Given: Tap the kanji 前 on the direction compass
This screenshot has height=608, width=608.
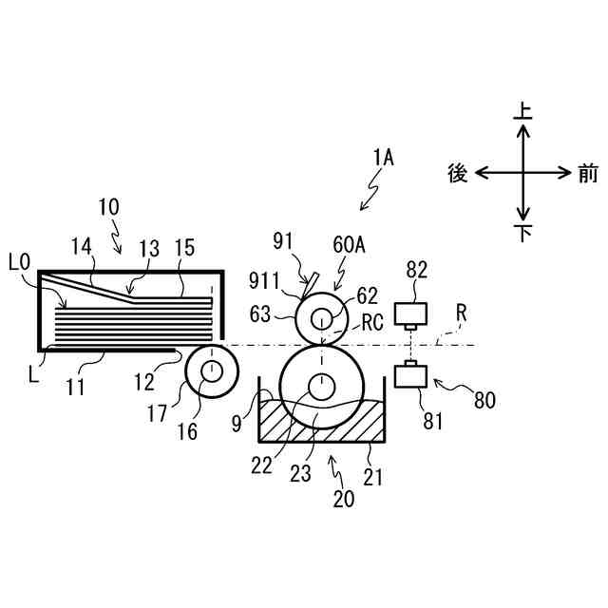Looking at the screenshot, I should click(x=587, y=173).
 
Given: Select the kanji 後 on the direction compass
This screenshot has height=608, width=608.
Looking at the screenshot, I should click(x=457, y=173).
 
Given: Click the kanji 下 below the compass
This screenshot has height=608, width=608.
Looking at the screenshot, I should click(x=522, y=233).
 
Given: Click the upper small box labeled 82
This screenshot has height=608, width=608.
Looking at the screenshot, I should click(x=410, y=313).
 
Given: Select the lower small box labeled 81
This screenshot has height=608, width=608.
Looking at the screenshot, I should click(x=410, y=376).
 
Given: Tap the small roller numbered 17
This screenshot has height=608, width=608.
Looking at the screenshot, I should click(x=210, y=370).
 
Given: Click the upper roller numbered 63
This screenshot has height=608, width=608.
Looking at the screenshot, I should click(x=321, y=315).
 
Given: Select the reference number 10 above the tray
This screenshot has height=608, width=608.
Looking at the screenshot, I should click(x=109, y=207).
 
